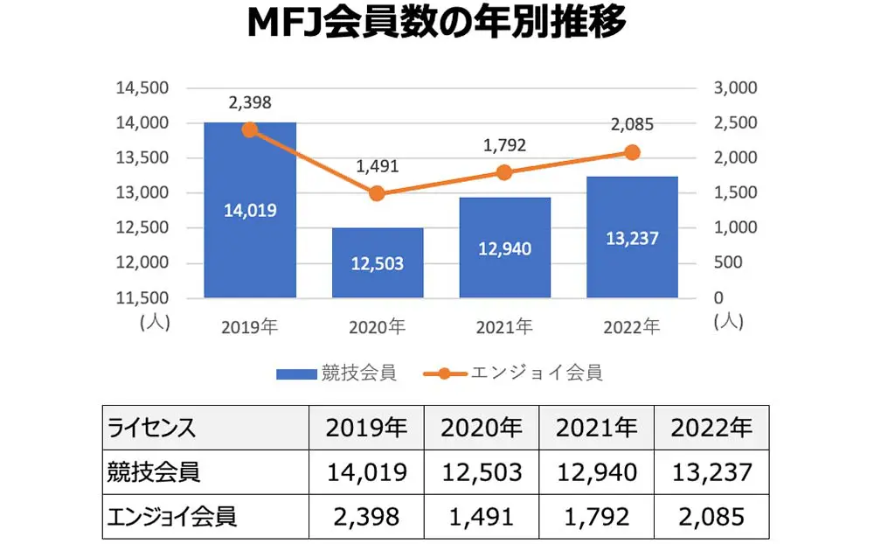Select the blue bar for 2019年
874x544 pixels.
(x=250, y=210)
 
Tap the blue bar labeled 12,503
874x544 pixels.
(x=378, y=262)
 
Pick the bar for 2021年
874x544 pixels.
(x=505, y=248)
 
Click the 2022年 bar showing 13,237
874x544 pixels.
(x=633, y=237)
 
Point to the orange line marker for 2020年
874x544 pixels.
(x=378, y=193)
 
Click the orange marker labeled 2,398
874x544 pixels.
(x=250, y=130)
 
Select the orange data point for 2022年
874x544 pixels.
(x=633, y=152)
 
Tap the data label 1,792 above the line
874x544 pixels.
(x=505, y=145)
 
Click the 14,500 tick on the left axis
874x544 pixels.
(x=143, y=88)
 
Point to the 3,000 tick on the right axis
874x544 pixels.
(x=733, y=88)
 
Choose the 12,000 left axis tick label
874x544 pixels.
(x=143, y=262)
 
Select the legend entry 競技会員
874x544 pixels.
(x=336, y=373)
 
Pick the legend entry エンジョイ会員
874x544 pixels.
(x=516, y=373)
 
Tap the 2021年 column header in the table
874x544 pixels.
(x=597, y=428)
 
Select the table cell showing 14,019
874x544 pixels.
(x=366, y=472)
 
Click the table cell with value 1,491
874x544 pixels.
(x=482, y=517)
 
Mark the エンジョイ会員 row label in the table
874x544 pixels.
(x=171, y=517)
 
